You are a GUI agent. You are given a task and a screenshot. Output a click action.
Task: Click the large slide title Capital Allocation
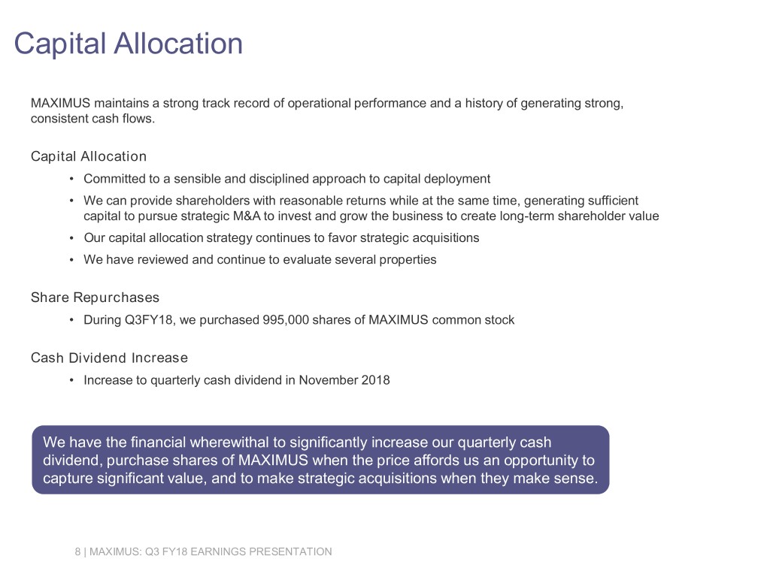(129, 44)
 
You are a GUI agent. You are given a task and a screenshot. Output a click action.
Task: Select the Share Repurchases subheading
(95, 298)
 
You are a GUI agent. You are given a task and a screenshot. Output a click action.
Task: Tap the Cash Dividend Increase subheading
(109, 358)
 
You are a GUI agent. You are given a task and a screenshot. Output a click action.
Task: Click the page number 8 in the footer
(78, 552)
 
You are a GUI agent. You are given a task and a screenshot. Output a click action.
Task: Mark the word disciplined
(251, 179)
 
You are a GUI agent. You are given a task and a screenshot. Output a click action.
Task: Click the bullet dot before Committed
(71, 179)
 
